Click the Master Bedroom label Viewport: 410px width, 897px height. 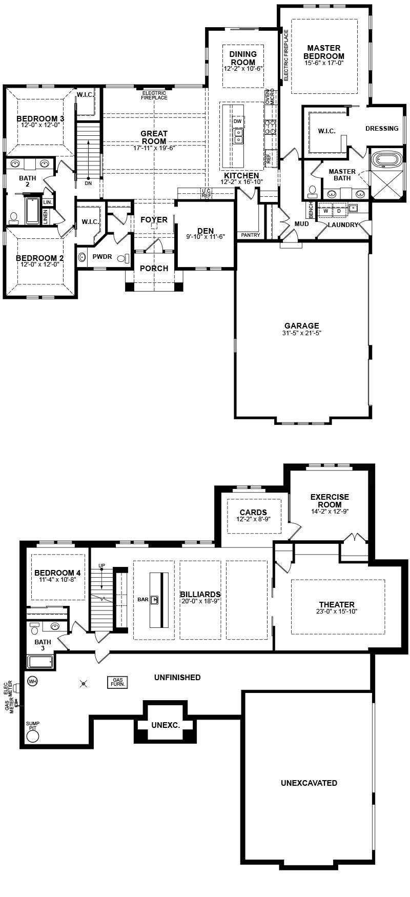point(324,52)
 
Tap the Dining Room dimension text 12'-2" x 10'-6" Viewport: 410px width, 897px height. point(243,69)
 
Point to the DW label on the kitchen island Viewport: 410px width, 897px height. point(237,121)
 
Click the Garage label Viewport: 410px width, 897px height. point(302,325)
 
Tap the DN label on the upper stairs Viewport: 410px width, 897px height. point(88,183)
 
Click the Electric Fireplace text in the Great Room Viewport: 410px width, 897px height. point(154,95)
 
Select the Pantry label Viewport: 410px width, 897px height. point(251,235)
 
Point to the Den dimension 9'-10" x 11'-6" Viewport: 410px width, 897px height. point(206,238)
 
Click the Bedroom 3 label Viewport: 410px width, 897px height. point(40,118)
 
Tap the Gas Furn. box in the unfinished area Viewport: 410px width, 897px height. point(117,682)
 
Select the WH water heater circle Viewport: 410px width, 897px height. point(32,681)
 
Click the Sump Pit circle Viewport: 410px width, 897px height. point(33,736)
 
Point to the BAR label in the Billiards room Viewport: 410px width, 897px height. point(143,599)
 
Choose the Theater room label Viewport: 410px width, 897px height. point(337,605)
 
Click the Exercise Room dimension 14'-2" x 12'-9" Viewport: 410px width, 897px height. point(330,511)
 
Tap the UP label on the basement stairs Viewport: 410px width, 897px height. point(101,565)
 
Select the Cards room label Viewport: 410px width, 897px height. point(253,512)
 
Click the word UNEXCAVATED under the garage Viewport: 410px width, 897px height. point(309,783)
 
